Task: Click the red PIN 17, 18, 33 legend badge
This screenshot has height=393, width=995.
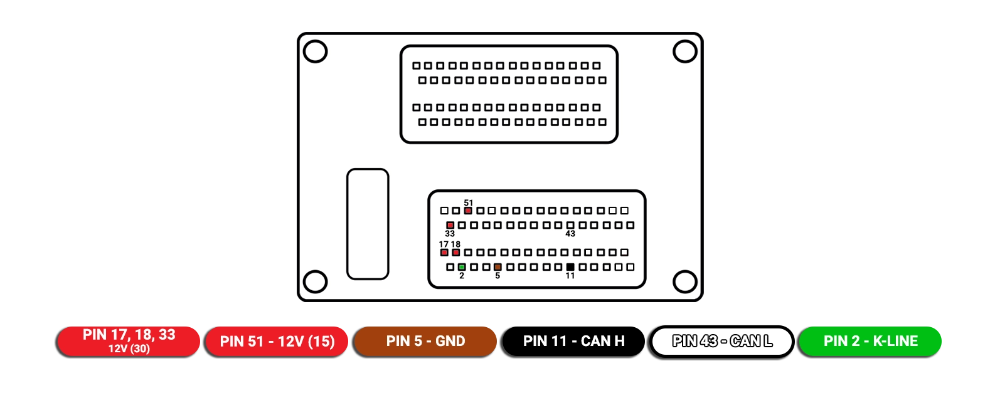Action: click(x=129, y=341)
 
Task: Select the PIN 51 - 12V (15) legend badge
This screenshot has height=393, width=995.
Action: click(x=277, y=341)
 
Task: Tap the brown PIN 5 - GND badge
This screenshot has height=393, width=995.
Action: click(x=425, y=341)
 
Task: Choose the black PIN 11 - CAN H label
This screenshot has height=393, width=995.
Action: click(x=573, y=341)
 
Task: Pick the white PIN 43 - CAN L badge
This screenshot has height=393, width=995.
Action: click(x=722, y=341)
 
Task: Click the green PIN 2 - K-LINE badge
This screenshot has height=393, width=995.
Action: click(x=870, y=341)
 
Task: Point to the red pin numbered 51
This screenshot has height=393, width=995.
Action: click(x=468, y=211)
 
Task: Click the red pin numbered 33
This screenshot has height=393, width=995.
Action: click(x=450, y=225)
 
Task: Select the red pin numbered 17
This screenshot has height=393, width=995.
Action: click(x=444, y=253)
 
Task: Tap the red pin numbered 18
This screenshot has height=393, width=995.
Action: click(x=456, y=253)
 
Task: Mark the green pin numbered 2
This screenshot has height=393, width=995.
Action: click(x=462, y=267)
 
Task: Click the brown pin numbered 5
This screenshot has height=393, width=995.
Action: click(x=498, y=267)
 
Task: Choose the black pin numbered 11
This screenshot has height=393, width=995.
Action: click(x=570, y=267)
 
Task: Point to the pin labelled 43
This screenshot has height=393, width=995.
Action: click(x=570, y=225)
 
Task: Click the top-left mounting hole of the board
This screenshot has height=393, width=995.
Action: click(x=316, y=51)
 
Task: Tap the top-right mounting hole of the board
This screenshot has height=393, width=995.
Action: click(x=684, y=51)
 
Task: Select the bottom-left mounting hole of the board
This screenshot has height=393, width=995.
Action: click(x=316, y=281)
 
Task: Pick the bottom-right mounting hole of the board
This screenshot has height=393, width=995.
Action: click(x=684, y=281)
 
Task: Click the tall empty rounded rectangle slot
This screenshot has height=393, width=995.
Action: click(x=368, y=224)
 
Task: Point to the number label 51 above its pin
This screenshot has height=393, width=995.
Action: click(x=469, y=202)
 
